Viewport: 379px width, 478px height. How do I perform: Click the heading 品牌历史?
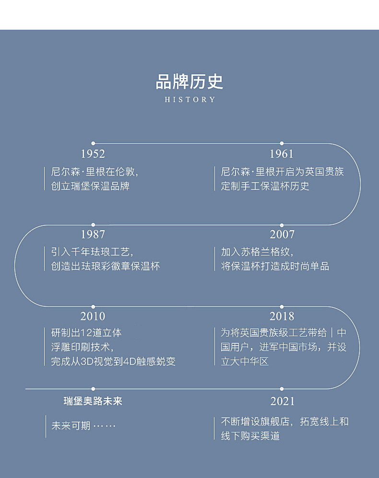point(189,82)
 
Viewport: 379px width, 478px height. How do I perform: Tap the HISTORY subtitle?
point(190,100)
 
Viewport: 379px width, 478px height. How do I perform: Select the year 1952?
point(93,154)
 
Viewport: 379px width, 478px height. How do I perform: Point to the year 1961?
point(282,154)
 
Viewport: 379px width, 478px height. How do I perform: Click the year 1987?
point(93,235)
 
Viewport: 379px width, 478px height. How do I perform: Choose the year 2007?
point(282,235)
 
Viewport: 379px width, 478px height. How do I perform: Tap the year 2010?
point(93,316)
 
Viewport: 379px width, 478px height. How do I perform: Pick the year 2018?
point(282,316)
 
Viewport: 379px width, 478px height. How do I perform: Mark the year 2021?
point(282,401)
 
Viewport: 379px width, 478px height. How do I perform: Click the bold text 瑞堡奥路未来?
point(93,401)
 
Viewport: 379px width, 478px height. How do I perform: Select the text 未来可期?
point(71,426)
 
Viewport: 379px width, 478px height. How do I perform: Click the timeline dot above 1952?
point(93,143)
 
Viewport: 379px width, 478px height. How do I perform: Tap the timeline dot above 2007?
point(282,225)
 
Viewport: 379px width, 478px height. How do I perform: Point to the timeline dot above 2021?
point(282,389)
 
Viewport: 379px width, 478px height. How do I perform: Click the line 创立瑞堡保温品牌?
point(90,186)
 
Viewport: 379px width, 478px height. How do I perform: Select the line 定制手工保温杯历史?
point(265,186)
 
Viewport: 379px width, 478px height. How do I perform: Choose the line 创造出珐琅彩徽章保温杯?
point(105,266)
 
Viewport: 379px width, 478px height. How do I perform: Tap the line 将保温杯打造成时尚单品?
point(275,266)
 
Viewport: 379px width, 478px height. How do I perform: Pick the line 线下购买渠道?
point(250,436)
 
